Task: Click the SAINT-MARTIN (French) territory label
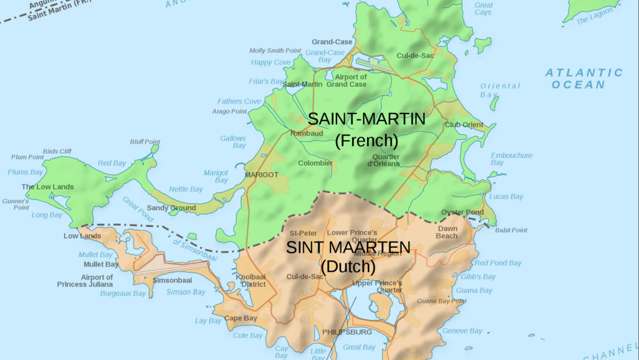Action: point(366,129)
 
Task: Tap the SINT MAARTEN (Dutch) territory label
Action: point(348,257)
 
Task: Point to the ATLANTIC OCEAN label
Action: point(584,78)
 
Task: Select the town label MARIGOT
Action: point(261,175)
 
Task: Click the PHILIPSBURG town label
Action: point(347,332)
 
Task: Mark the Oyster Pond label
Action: point(462,212)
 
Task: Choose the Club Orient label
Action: point(464,125)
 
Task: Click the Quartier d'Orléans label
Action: point(386,160)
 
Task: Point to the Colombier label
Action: point(316,163)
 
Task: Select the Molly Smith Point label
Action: point(275,50)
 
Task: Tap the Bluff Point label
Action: point(145,142)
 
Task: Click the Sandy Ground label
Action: point(171,208)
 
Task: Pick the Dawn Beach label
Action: point(447,232)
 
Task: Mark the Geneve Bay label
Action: point(462,331)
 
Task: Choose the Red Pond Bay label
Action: point(498,263)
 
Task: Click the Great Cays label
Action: point(483,8)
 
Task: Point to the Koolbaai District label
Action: point(251,280)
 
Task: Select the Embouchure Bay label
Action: point(511,158)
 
